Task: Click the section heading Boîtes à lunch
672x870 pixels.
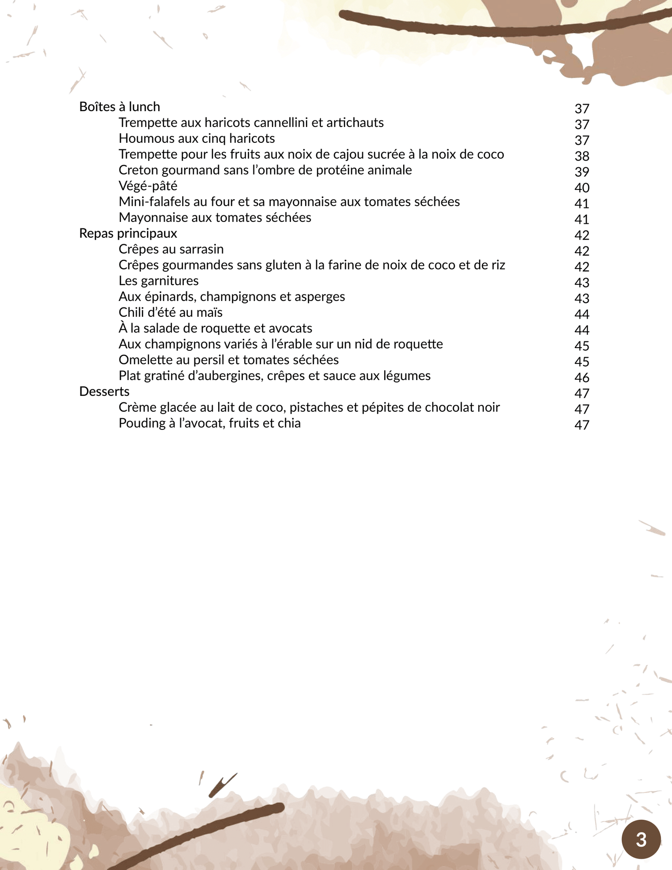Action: [x=120, y=107]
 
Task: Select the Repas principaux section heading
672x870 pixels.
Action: [x=128, y=234]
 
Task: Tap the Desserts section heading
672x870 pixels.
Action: [x=104, y=392]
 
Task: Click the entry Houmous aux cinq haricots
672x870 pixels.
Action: [x=197, y=139]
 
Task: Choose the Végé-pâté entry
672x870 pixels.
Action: [x=148, y=186]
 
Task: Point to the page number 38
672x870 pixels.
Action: [x=582, y=156]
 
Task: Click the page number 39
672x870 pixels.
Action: [x=582, y=172]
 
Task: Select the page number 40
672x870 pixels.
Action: [x=582, y=188]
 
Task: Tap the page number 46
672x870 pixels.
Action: [x=582, y=378]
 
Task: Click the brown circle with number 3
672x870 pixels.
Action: [x=641, y=839]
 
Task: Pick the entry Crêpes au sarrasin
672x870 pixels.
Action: [x=171, y=249]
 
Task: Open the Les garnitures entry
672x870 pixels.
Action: [x=159, y=281]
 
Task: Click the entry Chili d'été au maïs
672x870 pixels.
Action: [x=171, y=313]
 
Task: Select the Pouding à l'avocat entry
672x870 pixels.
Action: [x=210, y=423]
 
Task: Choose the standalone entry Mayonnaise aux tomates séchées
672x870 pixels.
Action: [x=215, y=218]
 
